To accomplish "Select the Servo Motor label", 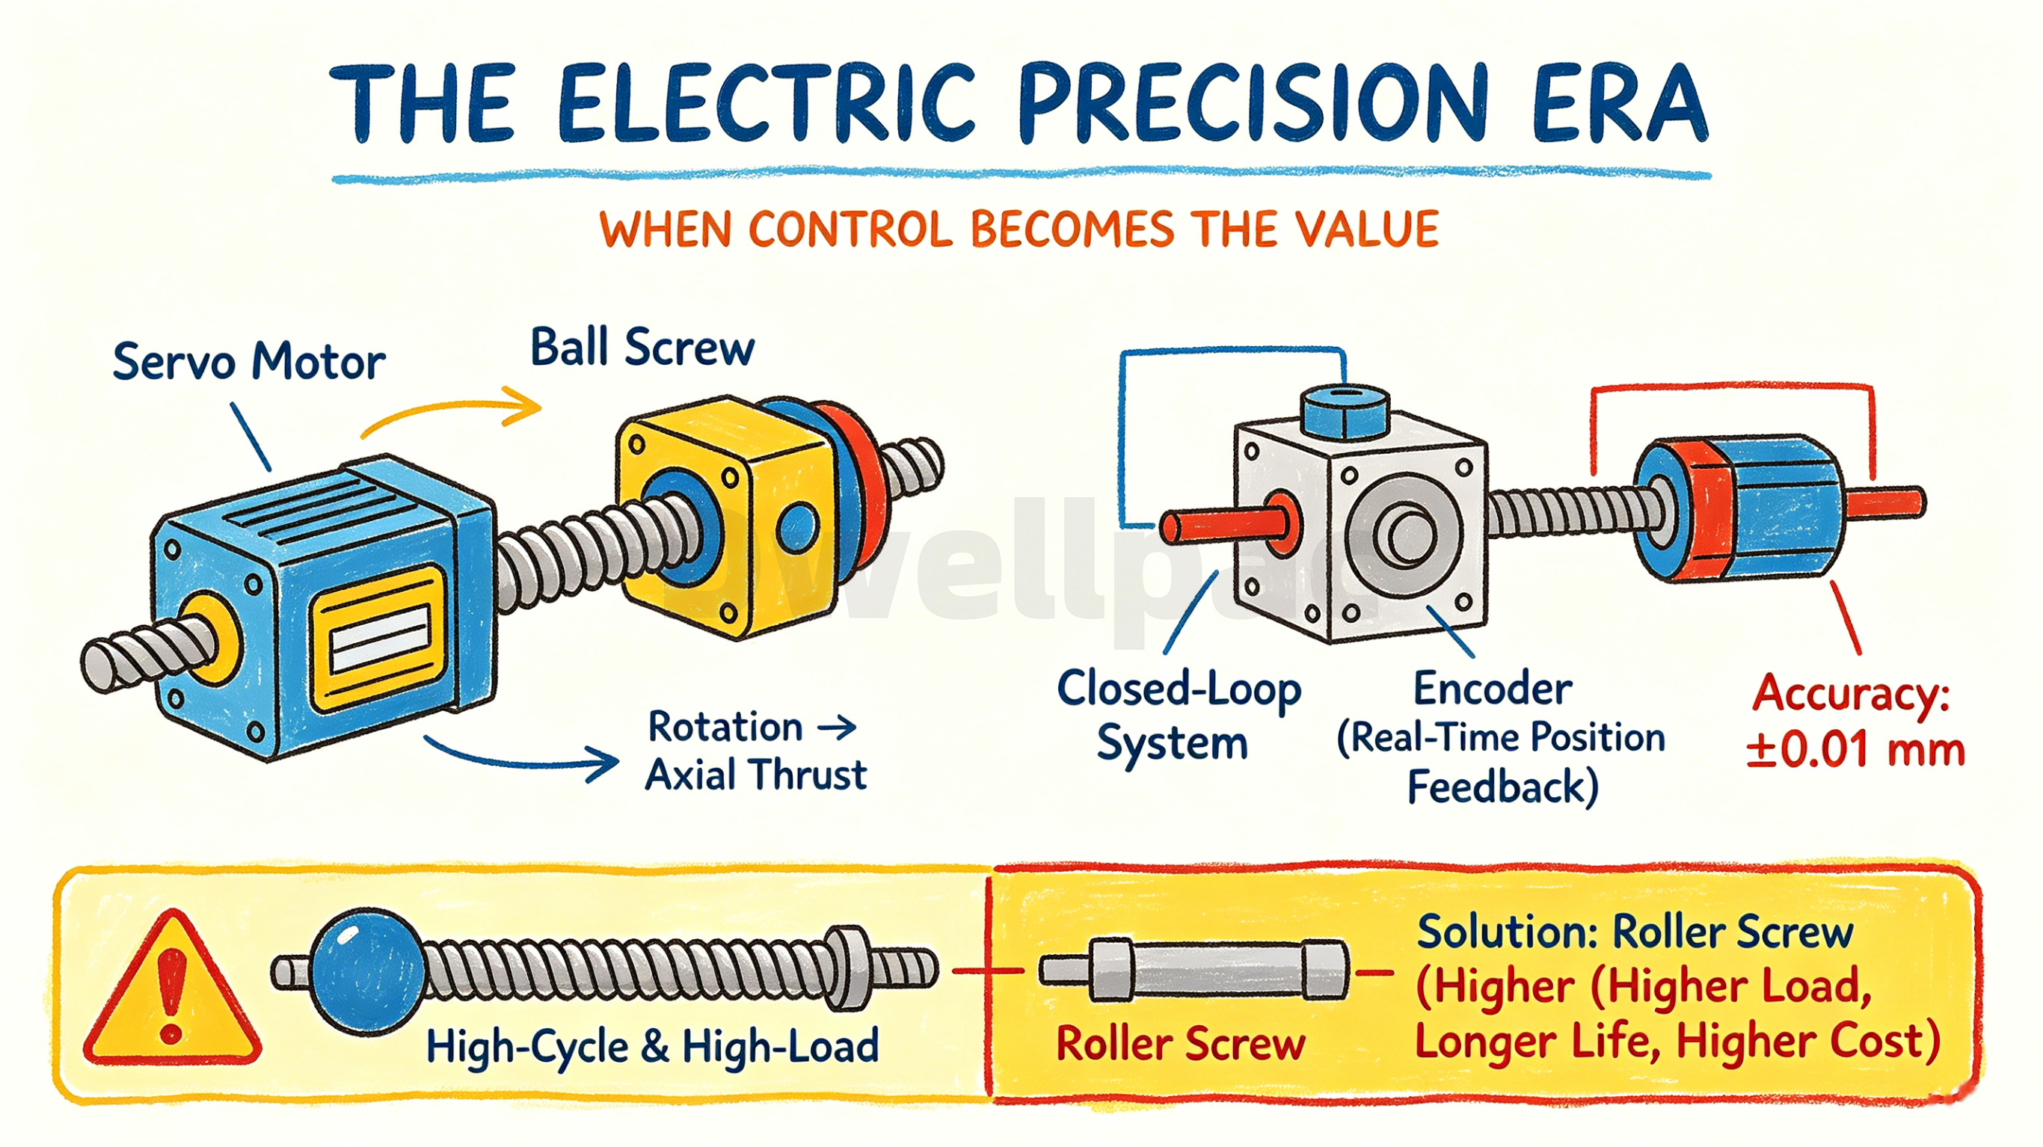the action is (249, 362).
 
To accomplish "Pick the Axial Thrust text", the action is (756, 775).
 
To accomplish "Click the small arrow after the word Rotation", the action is (837, 726).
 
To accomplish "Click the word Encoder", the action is (1492, 689).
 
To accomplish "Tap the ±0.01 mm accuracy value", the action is (1855, 750).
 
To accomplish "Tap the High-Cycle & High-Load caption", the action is (652, 1046).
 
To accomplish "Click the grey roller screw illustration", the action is (1193, 969).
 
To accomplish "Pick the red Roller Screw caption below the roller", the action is (1180, 1043).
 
